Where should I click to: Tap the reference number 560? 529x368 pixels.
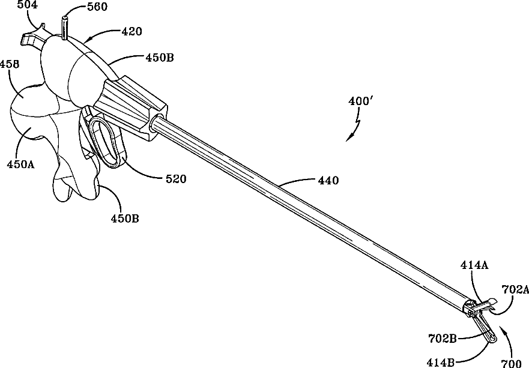[97, 7]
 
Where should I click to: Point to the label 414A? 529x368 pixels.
[474, 265]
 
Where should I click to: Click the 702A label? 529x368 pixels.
[516, 289]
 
